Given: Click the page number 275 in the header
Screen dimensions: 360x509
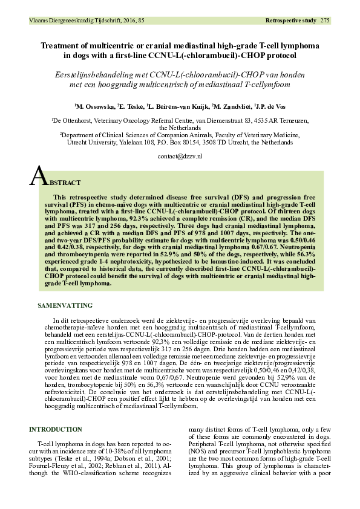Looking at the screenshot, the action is click(325, 21).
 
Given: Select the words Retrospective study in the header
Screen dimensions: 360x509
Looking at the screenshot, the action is click(290, 21).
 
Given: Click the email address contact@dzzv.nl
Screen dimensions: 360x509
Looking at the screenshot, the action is click(180, 156).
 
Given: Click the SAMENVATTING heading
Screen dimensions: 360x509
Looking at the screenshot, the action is click(65, 306).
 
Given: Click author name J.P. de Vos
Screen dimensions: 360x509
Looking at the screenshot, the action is click(270, 105).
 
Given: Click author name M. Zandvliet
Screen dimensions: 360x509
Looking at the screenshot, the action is click(222, 105).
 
